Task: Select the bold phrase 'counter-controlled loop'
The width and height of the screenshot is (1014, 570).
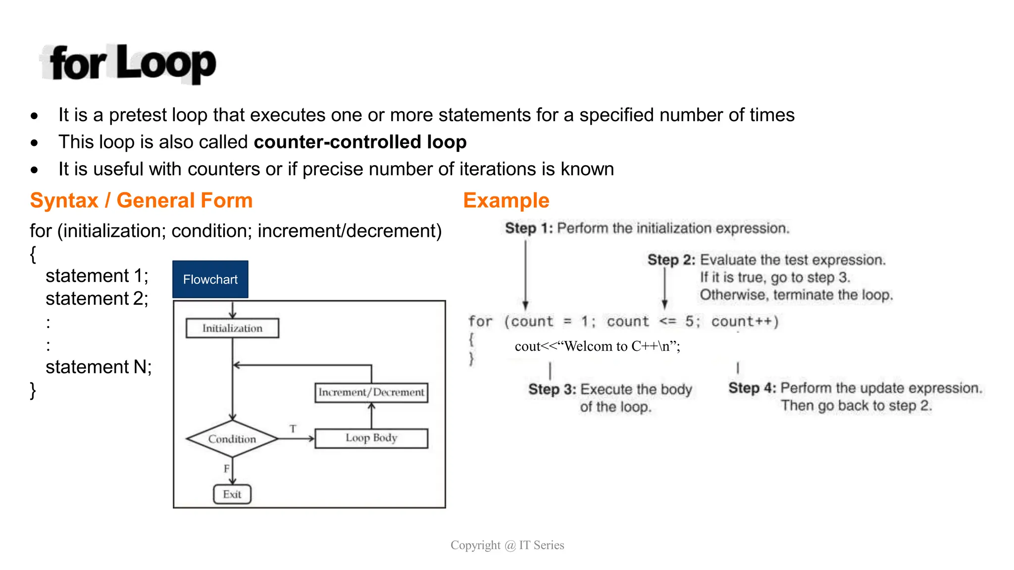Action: tap(360, 142)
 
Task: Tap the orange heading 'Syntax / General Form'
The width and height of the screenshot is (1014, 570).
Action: tap(141, 200)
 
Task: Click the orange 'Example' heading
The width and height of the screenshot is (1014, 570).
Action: tap(506, 200)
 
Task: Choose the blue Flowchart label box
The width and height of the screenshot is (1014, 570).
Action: tap(210, 280)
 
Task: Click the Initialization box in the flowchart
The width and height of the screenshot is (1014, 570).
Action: tap(232, 328)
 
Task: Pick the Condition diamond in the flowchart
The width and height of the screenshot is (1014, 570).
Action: tap(232, 439)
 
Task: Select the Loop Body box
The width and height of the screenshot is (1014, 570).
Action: tap(371, 438)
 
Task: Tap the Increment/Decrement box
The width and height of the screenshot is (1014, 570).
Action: tap(371, 392)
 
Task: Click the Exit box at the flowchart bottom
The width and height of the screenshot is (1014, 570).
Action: tap(232, 494)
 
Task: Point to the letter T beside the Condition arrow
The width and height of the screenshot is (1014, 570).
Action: tap(293, 428)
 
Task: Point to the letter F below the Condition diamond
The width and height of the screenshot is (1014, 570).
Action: tap(227, 468)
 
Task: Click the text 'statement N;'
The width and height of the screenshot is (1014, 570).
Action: tap(99, 367)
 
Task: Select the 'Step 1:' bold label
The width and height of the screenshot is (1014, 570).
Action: tap(528, 229)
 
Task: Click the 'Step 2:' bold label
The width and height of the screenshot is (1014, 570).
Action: tap(671, 260)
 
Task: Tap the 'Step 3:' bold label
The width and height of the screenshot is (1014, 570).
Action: tap(552, 389)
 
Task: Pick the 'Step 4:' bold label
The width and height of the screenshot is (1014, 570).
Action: tap(752, 388)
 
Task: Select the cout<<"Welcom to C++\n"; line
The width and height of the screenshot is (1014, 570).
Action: tap(597, 346)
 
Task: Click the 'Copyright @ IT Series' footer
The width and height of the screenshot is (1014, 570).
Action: tap(507, 545)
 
